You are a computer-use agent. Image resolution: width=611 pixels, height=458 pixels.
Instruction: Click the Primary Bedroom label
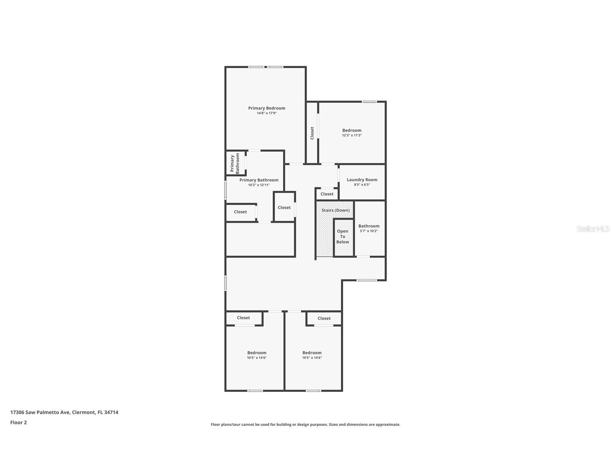coord(266,108)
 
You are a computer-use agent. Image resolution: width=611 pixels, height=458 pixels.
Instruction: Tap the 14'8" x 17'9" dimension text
coord(266,113)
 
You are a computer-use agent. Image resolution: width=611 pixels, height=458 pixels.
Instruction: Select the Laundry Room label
coord(362,180)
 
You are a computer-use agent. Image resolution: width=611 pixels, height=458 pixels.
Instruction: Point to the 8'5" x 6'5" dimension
coord(362,185)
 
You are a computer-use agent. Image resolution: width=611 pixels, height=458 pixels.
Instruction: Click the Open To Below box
coord(343,237)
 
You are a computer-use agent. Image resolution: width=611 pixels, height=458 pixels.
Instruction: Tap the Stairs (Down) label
coord(336,210)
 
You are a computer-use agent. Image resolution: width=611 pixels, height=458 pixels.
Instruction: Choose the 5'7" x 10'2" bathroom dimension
coord(369,231)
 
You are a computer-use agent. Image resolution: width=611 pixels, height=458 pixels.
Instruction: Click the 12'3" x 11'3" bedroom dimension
coord(352,135)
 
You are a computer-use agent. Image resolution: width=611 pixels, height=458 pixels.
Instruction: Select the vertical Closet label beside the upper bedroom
coord(312,133)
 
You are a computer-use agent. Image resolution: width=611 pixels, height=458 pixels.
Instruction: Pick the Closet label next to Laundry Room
coord(327,194)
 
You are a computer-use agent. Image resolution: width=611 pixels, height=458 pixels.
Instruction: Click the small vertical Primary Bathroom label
coord(235,164)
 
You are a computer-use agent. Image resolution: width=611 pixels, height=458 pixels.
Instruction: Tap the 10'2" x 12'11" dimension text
coord(259,185)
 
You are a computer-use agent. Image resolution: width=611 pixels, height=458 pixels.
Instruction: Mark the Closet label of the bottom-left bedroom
coord(243,318)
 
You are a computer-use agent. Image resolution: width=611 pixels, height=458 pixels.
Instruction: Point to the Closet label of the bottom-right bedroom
coord(324,318)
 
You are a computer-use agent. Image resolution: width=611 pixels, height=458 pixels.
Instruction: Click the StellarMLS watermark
coord(593,229)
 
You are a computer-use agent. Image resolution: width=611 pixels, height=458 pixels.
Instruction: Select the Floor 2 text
coord(18,422)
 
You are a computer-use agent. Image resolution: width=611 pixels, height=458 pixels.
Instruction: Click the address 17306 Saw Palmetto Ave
coord(40,412)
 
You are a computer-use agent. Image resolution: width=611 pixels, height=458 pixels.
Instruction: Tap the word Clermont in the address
coord(83,412)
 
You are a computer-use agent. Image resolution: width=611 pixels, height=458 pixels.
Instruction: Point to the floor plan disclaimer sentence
coord(305,425)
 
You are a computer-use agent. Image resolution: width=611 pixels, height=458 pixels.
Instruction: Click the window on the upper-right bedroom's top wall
coord(369,102)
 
